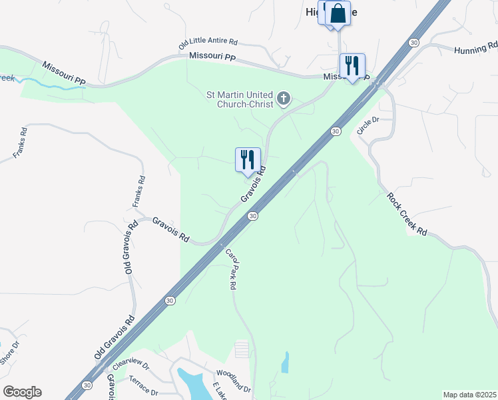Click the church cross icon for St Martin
tap(284, 100)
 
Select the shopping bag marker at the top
tap(338, 13)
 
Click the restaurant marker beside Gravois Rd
tap(248, 160)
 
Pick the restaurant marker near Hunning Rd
tap(352, 66)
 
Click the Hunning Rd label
tap(475, 49)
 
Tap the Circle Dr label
tap(368, 125)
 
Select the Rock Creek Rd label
tap(407, 213)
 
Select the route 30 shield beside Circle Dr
tap(336, 131)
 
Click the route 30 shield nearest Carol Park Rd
tap(252, 216)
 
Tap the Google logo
tap(22, 392)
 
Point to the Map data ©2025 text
tap(469, 395)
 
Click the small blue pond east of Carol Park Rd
tap(286, 362)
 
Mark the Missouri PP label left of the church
tap(212, 58)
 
